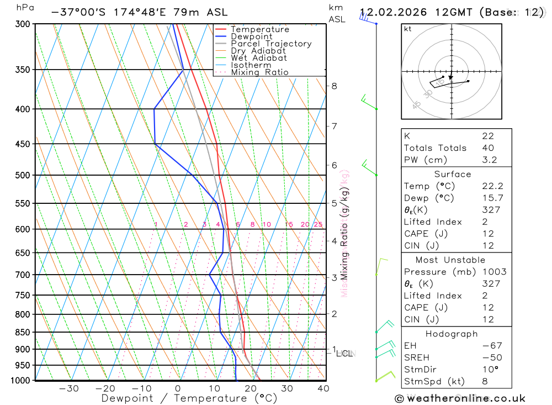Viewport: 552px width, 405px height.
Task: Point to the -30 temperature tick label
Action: (x=68, y=388)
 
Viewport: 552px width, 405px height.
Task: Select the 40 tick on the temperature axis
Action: (x=323, y=388)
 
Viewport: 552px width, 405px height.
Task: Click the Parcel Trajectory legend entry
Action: (x=271, y=44)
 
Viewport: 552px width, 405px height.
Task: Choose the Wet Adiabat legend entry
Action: (x=259, y=58)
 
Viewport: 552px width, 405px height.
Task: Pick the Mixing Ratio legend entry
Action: (x=259, y=72)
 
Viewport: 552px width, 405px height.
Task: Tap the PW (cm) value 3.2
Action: (x=489, y=160)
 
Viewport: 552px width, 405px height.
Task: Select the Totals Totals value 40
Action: (x=487, y=148)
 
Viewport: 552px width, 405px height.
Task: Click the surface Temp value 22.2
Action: (x=492, y=186)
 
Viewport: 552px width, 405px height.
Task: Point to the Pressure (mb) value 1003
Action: (x=493, y=272)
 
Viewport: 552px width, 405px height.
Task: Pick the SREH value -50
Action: (x=491, y=357)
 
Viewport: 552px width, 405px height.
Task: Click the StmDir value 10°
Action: (x=490, y=370)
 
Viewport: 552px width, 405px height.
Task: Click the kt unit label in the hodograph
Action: (x=408, y=29)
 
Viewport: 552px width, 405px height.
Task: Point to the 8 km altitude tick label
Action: (x=335, y=86)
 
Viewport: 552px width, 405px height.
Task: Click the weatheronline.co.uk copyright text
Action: (x=460, y=398)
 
